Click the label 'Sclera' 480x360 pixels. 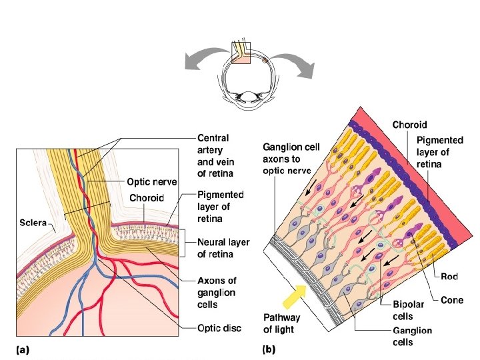[31, 222]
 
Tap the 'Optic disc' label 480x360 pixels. [219, 328]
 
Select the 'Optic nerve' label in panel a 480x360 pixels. [153, 181]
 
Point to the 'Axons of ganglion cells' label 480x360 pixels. [217, 293]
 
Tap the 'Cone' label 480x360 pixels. [452, 301]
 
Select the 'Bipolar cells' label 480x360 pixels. [403, 311]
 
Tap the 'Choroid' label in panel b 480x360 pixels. [409, 125]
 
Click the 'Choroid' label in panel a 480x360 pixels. [147, 198]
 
